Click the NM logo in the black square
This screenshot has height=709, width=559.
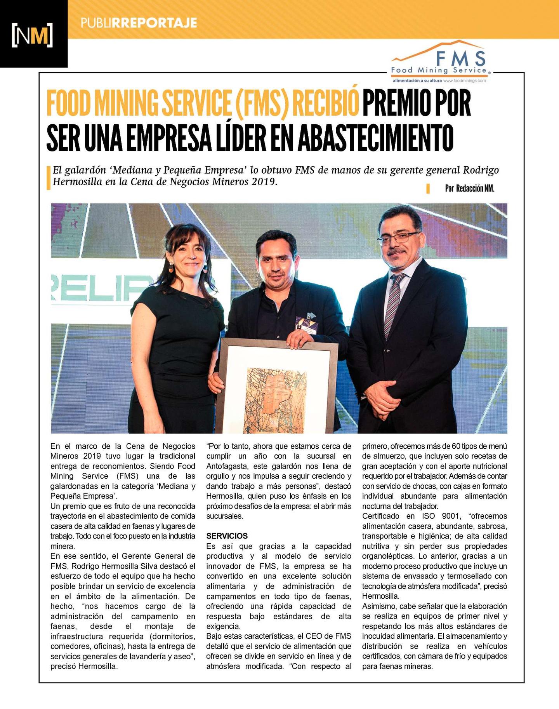point(32,35)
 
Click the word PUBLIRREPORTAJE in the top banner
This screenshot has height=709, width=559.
point(139,23)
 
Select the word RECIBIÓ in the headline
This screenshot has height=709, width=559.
point(325,103)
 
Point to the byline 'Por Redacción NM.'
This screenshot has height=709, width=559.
point(469,188)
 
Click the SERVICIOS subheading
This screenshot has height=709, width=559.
point(227,536)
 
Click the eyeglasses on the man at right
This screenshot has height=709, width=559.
point(399,237)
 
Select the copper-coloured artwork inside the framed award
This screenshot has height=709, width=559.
point(275,400)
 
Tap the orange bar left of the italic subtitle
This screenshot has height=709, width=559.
point(49,178)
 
